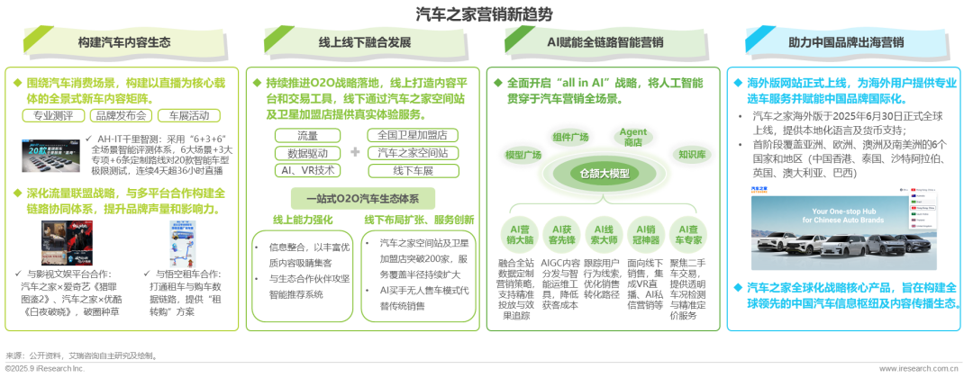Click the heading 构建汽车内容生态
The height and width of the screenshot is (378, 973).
click(125, 42)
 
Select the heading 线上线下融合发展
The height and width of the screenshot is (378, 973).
click(368, 42)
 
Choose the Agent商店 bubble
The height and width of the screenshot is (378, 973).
click(633, 136)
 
